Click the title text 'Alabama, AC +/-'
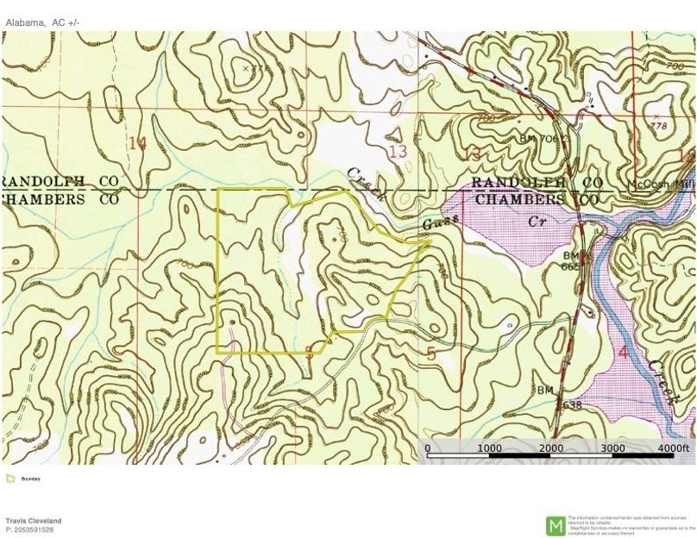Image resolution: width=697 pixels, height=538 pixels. pos(42,22)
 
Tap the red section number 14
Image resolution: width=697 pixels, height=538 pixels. pos(137,142)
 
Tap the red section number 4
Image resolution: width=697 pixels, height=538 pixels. pos(623,352)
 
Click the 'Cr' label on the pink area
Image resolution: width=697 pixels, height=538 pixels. pos(537,221)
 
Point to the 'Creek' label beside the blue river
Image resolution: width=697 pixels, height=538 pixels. pos(662,382)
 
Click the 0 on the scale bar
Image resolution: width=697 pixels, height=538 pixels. pos(428,448)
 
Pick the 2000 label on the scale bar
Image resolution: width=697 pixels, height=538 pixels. pos(551,448)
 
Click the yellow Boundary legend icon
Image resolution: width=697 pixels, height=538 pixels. pos(9,479)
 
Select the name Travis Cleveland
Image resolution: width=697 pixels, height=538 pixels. pos(34,521)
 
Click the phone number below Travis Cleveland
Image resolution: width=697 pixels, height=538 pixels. pos(29,529)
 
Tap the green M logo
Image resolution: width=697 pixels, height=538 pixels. pos(556,525)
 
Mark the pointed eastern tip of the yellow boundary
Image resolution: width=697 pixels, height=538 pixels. pos(430,242)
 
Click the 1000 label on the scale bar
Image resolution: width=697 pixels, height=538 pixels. pos(489,448)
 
